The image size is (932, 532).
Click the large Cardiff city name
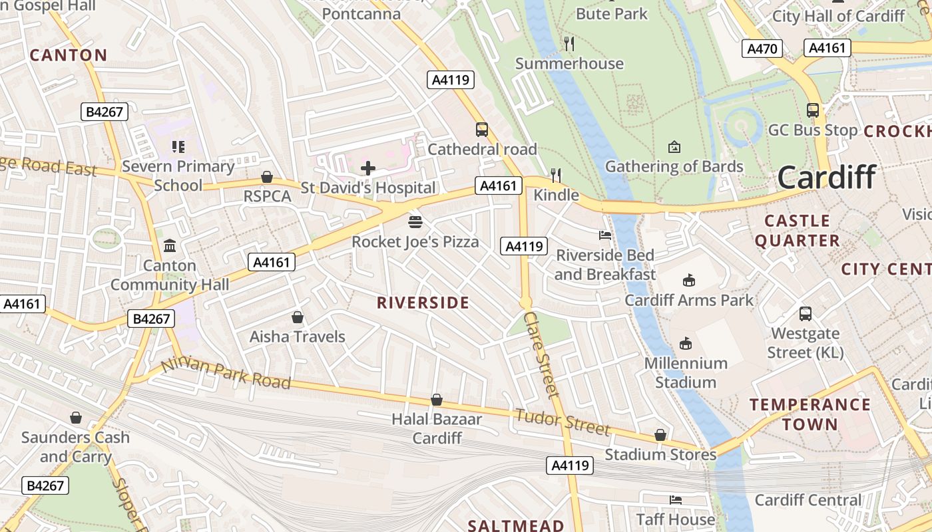[x=826, y=178]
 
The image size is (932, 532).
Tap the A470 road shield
[x=762, y=49]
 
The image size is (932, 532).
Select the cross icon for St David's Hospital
[x=368, y=168]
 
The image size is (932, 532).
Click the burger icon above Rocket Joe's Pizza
[x=415, y=221]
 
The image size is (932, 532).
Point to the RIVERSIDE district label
[x=423, y=303]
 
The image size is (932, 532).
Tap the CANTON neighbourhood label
[x=69, y=55]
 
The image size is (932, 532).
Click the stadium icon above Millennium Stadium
[x=686, y=343]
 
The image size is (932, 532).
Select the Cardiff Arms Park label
[x=688, y=300]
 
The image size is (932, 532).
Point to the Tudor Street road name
[x=563, y=422]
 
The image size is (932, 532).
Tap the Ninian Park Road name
[x=226, y=373]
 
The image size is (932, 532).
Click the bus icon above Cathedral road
[x=482, y=130]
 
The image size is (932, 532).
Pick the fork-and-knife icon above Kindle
[x=556, y=175]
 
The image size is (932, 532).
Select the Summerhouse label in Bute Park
[x=569, y=64]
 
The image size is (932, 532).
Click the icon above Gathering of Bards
[x=674, y=146]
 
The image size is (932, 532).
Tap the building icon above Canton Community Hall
[x=170, y=246]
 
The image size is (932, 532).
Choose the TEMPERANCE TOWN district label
[x=810, y=414]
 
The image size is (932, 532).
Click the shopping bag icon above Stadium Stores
[x=660, y=435]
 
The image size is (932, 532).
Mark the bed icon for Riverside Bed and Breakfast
[x=605, y=235]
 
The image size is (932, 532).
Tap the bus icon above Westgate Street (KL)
[x=806, y=313]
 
